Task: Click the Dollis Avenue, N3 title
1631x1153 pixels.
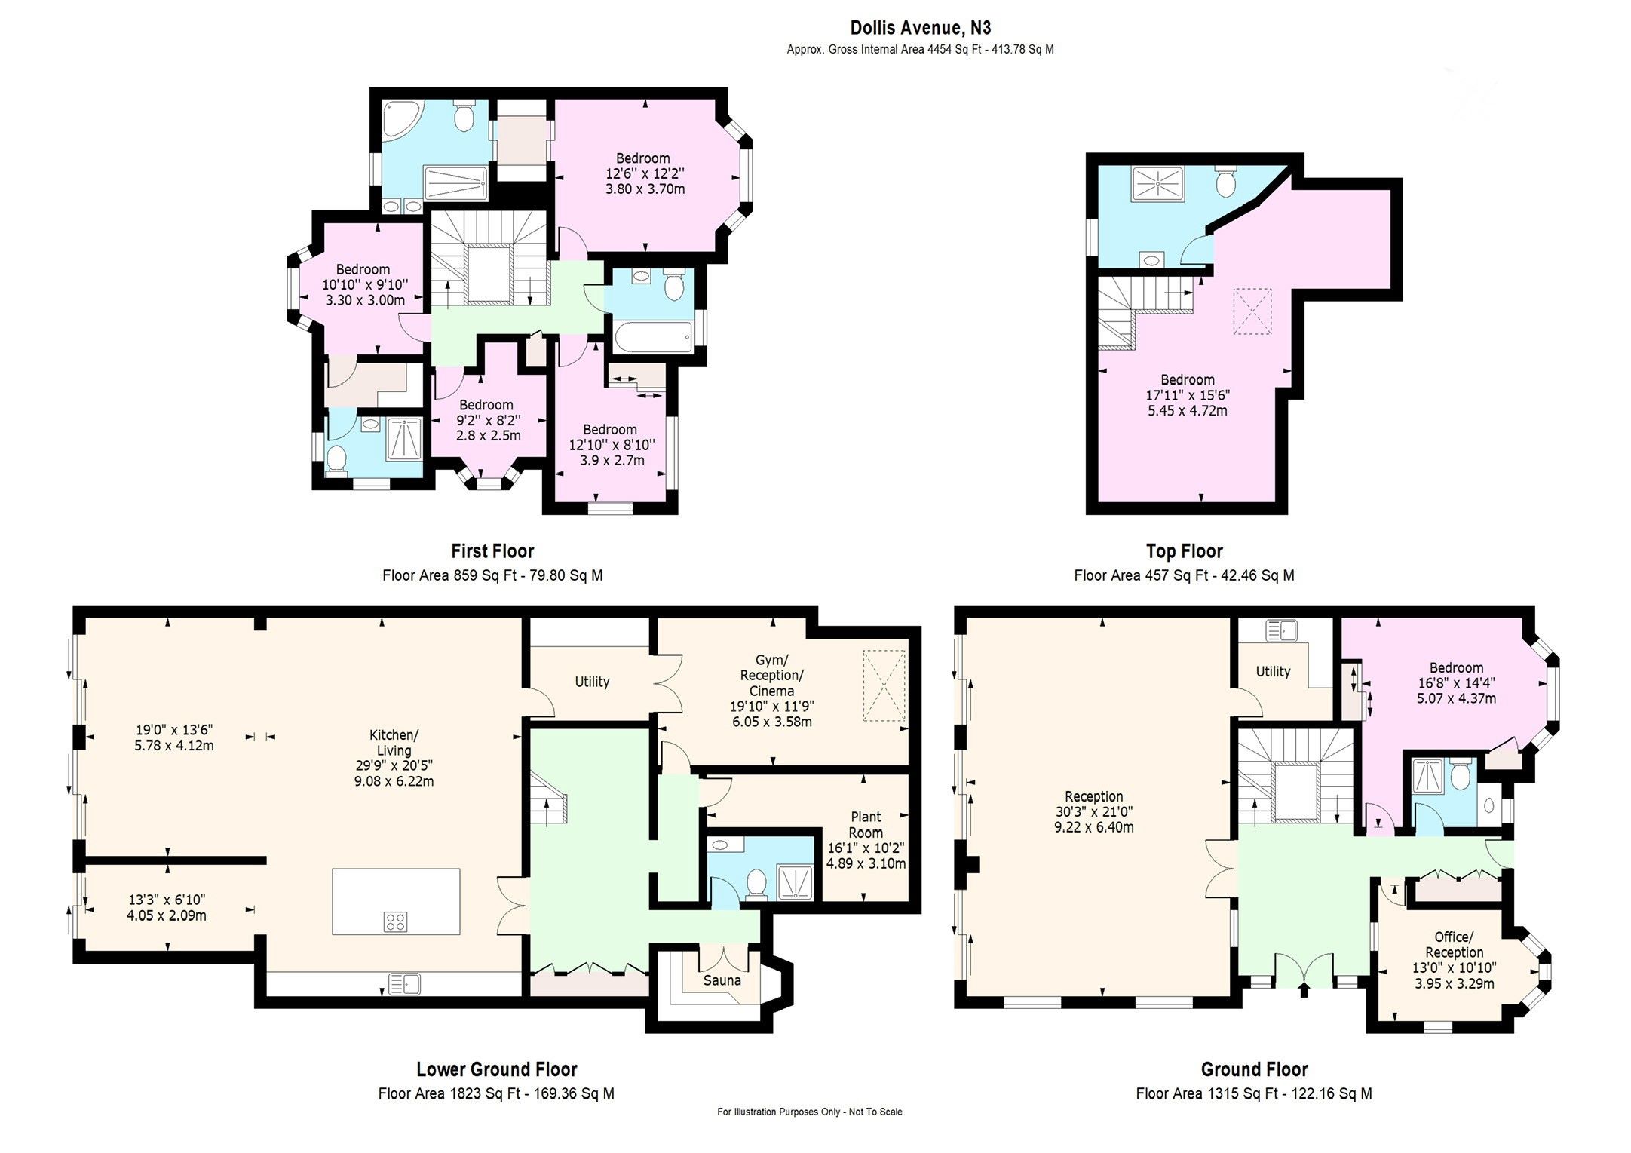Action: coord(920,28)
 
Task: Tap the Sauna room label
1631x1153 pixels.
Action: coord(722,980)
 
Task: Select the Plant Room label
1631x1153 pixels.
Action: coord(866,824)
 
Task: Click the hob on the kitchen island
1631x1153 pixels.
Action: coord(396,921)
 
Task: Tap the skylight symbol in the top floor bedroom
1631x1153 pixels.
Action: coord(1252,311)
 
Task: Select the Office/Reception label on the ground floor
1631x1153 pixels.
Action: coord(1453,944)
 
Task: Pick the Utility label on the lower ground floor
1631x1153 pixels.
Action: coord(592,682)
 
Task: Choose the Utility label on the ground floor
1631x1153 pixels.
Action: coord(1273,671)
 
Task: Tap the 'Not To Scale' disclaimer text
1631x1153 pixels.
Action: coord(875,1112)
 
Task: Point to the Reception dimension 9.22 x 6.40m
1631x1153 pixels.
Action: coord(1093,826)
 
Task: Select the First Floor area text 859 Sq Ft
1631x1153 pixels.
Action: coord(486,575)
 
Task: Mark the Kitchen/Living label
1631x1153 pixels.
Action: coord(394,743)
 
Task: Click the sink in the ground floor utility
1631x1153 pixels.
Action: coord(1281,630)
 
